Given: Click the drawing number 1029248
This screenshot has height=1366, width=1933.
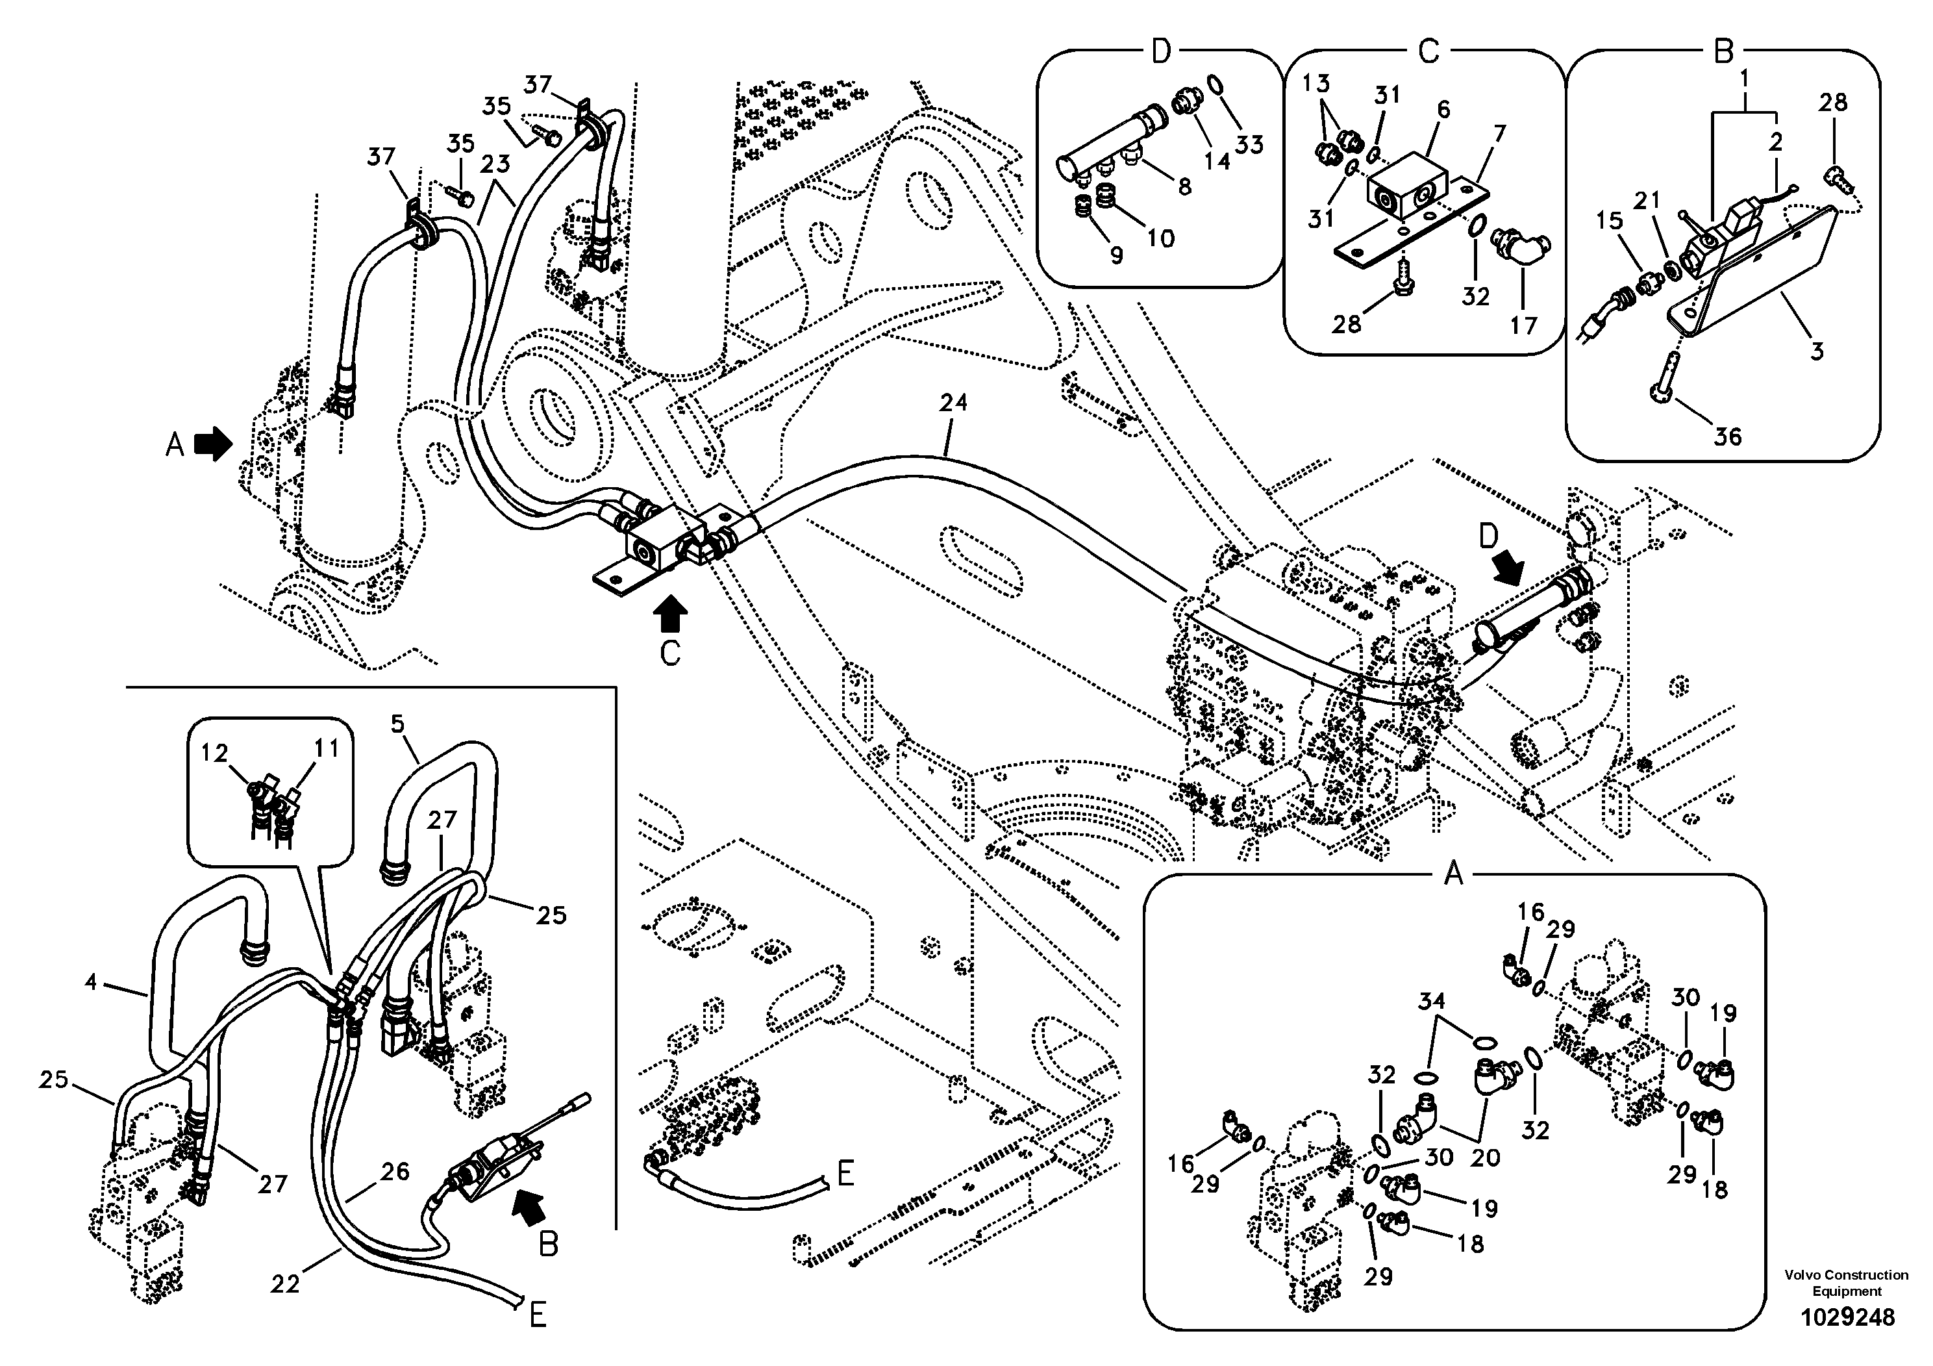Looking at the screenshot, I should [x=1847, y=1317].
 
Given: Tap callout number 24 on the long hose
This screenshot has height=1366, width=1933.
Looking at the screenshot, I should [x=953, y=403].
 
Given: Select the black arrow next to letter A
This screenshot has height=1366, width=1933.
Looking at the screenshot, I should [x=213, y=443].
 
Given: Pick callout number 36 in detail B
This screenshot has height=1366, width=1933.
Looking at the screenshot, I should [x=1728, y=436].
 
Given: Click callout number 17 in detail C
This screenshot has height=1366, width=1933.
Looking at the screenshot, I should [x=1524, y=325].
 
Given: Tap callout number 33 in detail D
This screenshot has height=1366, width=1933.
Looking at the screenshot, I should [x=1249, y=145].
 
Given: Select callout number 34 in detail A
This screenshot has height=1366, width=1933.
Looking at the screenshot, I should [x=1431, y=1002].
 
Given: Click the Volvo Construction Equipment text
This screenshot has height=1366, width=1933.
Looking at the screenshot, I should [x=1846, y=1284].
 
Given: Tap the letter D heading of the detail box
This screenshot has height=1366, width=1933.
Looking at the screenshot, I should [x=1161, y=52].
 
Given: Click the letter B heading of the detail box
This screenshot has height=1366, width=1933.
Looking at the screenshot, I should [x=1723, y=52].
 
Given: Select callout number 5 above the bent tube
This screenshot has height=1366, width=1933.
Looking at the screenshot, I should [x=397, y=724].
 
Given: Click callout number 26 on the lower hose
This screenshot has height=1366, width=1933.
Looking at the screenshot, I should [x=394, y=1171].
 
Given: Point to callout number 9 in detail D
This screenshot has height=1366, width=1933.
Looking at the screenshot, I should [x=1116, y=255].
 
